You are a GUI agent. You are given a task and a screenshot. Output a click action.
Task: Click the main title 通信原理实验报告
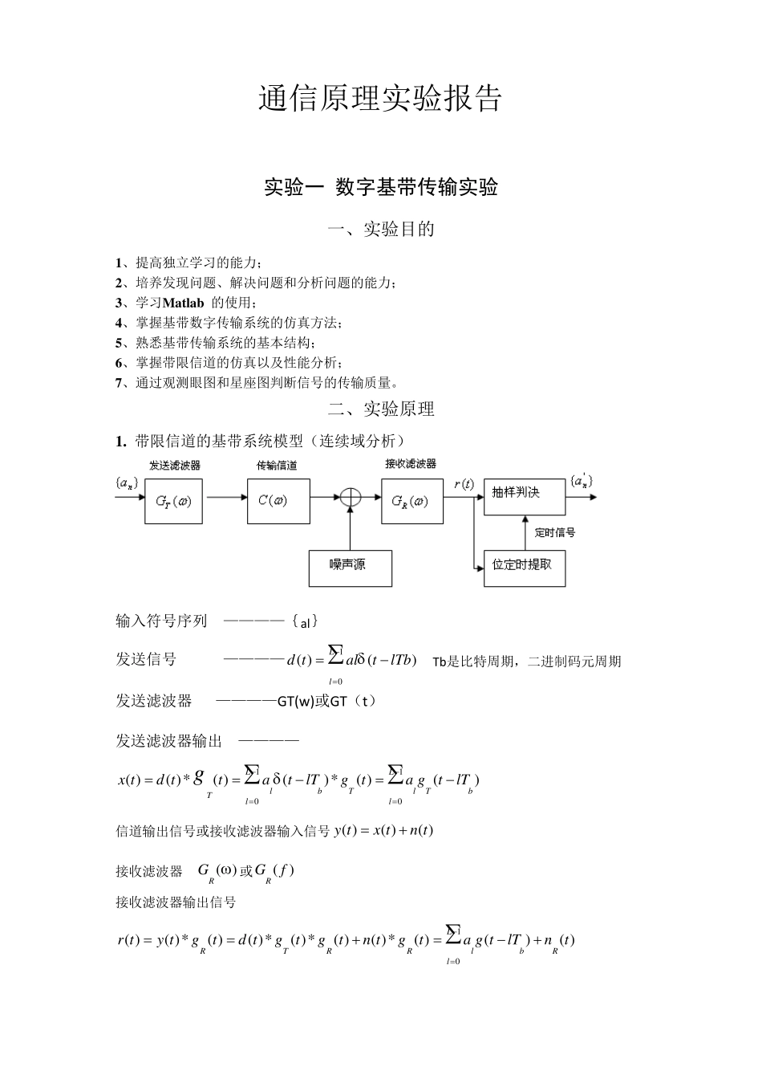(x=380, y=98)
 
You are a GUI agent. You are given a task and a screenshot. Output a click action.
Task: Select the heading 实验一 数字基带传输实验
(x=381, y=187)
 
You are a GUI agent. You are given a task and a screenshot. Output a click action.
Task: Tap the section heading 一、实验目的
(x=381, y=230)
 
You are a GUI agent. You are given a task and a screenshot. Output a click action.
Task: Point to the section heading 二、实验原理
(x=381, y=409)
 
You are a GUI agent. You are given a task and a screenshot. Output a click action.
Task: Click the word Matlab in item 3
(x=183, y=303)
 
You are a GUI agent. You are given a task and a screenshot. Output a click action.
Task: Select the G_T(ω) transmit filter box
(x=173, y=501)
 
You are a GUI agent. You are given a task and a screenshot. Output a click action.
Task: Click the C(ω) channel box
(x=273, y=501)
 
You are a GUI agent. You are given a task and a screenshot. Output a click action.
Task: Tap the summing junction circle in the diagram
(x=351, y=498)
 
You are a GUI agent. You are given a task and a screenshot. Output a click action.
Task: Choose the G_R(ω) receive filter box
(x=411, y=501)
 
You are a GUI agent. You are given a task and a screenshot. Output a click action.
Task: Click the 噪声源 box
(x=350, y=568)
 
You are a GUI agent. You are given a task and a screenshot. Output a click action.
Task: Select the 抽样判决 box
(x=524, y=492)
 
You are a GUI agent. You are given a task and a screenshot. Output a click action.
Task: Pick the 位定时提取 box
(x=524, y=568)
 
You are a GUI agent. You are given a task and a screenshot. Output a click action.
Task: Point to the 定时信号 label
(x=555, y=532)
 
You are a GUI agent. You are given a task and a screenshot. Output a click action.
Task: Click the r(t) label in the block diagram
(x=464, y=484)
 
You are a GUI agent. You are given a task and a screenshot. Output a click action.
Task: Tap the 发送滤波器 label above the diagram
(x=174, y=466)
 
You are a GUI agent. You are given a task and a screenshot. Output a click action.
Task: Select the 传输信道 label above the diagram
(x=277, y=466)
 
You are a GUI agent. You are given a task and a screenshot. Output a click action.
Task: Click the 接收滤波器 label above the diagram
(x=411, y=464)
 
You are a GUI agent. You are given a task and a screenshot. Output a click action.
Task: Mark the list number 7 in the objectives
(x=119, y=383)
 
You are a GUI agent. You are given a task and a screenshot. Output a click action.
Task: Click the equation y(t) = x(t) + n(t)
(x=383, y=830)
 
